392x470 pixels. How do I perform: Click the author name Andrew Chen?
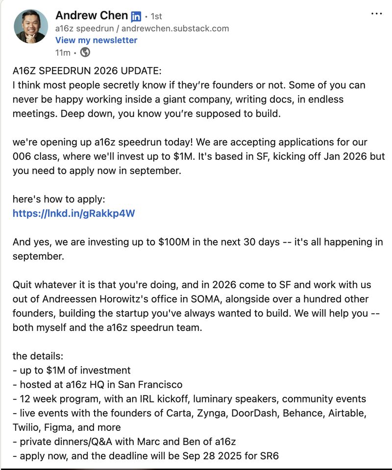click(x=92, y=15)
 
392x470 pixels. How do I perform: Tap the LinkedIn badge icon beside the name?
click(x=136, y=16)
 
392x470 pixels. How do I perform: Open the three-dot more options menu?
click(x=376, y=14)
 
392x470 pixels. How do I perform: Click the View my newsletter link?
click(x=96, y=40)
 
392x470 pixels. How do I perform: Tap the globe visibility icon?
click(x=85, y=52)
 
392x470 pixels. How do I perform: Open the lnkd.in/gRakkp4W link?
click(x=73, y=213)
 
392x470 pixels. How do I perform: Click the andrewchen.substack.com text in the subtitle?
click(x=175, y=28)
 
